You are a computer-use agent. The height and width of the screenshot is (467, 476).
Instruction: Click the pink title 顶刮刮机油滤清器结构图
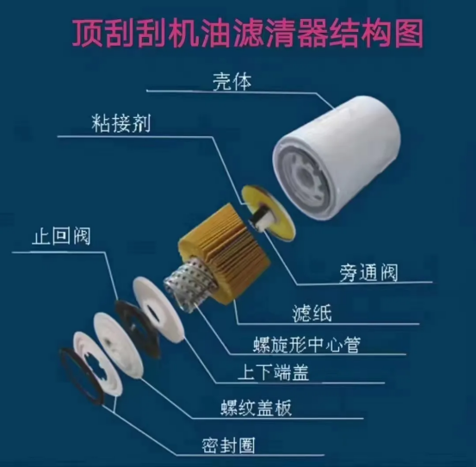click(x=247, y=34)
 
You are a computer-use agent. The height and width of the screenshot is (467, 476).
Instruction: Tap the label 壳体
click(x=232, y=81)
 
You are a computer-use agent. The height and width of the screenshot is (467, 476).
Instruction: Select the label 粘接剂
click(x=121, y=123)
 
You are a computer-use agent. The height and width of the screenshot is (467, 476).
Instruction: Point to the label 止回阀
click(x=61, y=236)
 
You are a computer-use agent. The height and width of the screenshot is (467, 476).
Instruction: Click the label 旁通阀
click(x=368, y=272)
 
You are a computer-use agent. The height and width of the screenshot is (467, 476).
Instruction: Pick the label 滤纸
click(x=312, y=314)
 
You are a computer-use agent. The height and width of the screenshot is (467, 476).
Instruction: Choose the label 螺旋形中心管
click(x=306, y=345)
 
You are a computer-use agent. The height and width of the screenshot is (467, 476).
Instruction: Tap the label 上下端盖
click(x=273, y=372)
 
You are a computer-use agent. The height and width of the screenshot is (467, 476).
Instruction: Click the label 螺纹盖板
click(x=256, y=408)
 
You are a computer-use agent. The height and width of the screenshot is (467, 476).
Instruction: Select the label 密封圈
click(x=228, y=445)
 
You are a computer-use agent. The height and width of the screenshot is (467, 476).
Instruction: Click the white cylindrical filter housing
click(x=337, y=158)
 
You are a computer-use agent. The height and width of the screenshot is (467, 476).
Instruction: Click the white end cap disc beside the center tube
click(x=158, y=309)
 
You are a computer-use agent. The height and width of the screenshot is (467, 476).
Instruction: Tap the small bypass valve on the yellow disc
click(x=260, y=216)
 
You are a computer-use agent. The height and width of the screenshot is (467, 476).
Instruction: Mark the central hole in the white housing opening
click(x=305, y=178)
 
